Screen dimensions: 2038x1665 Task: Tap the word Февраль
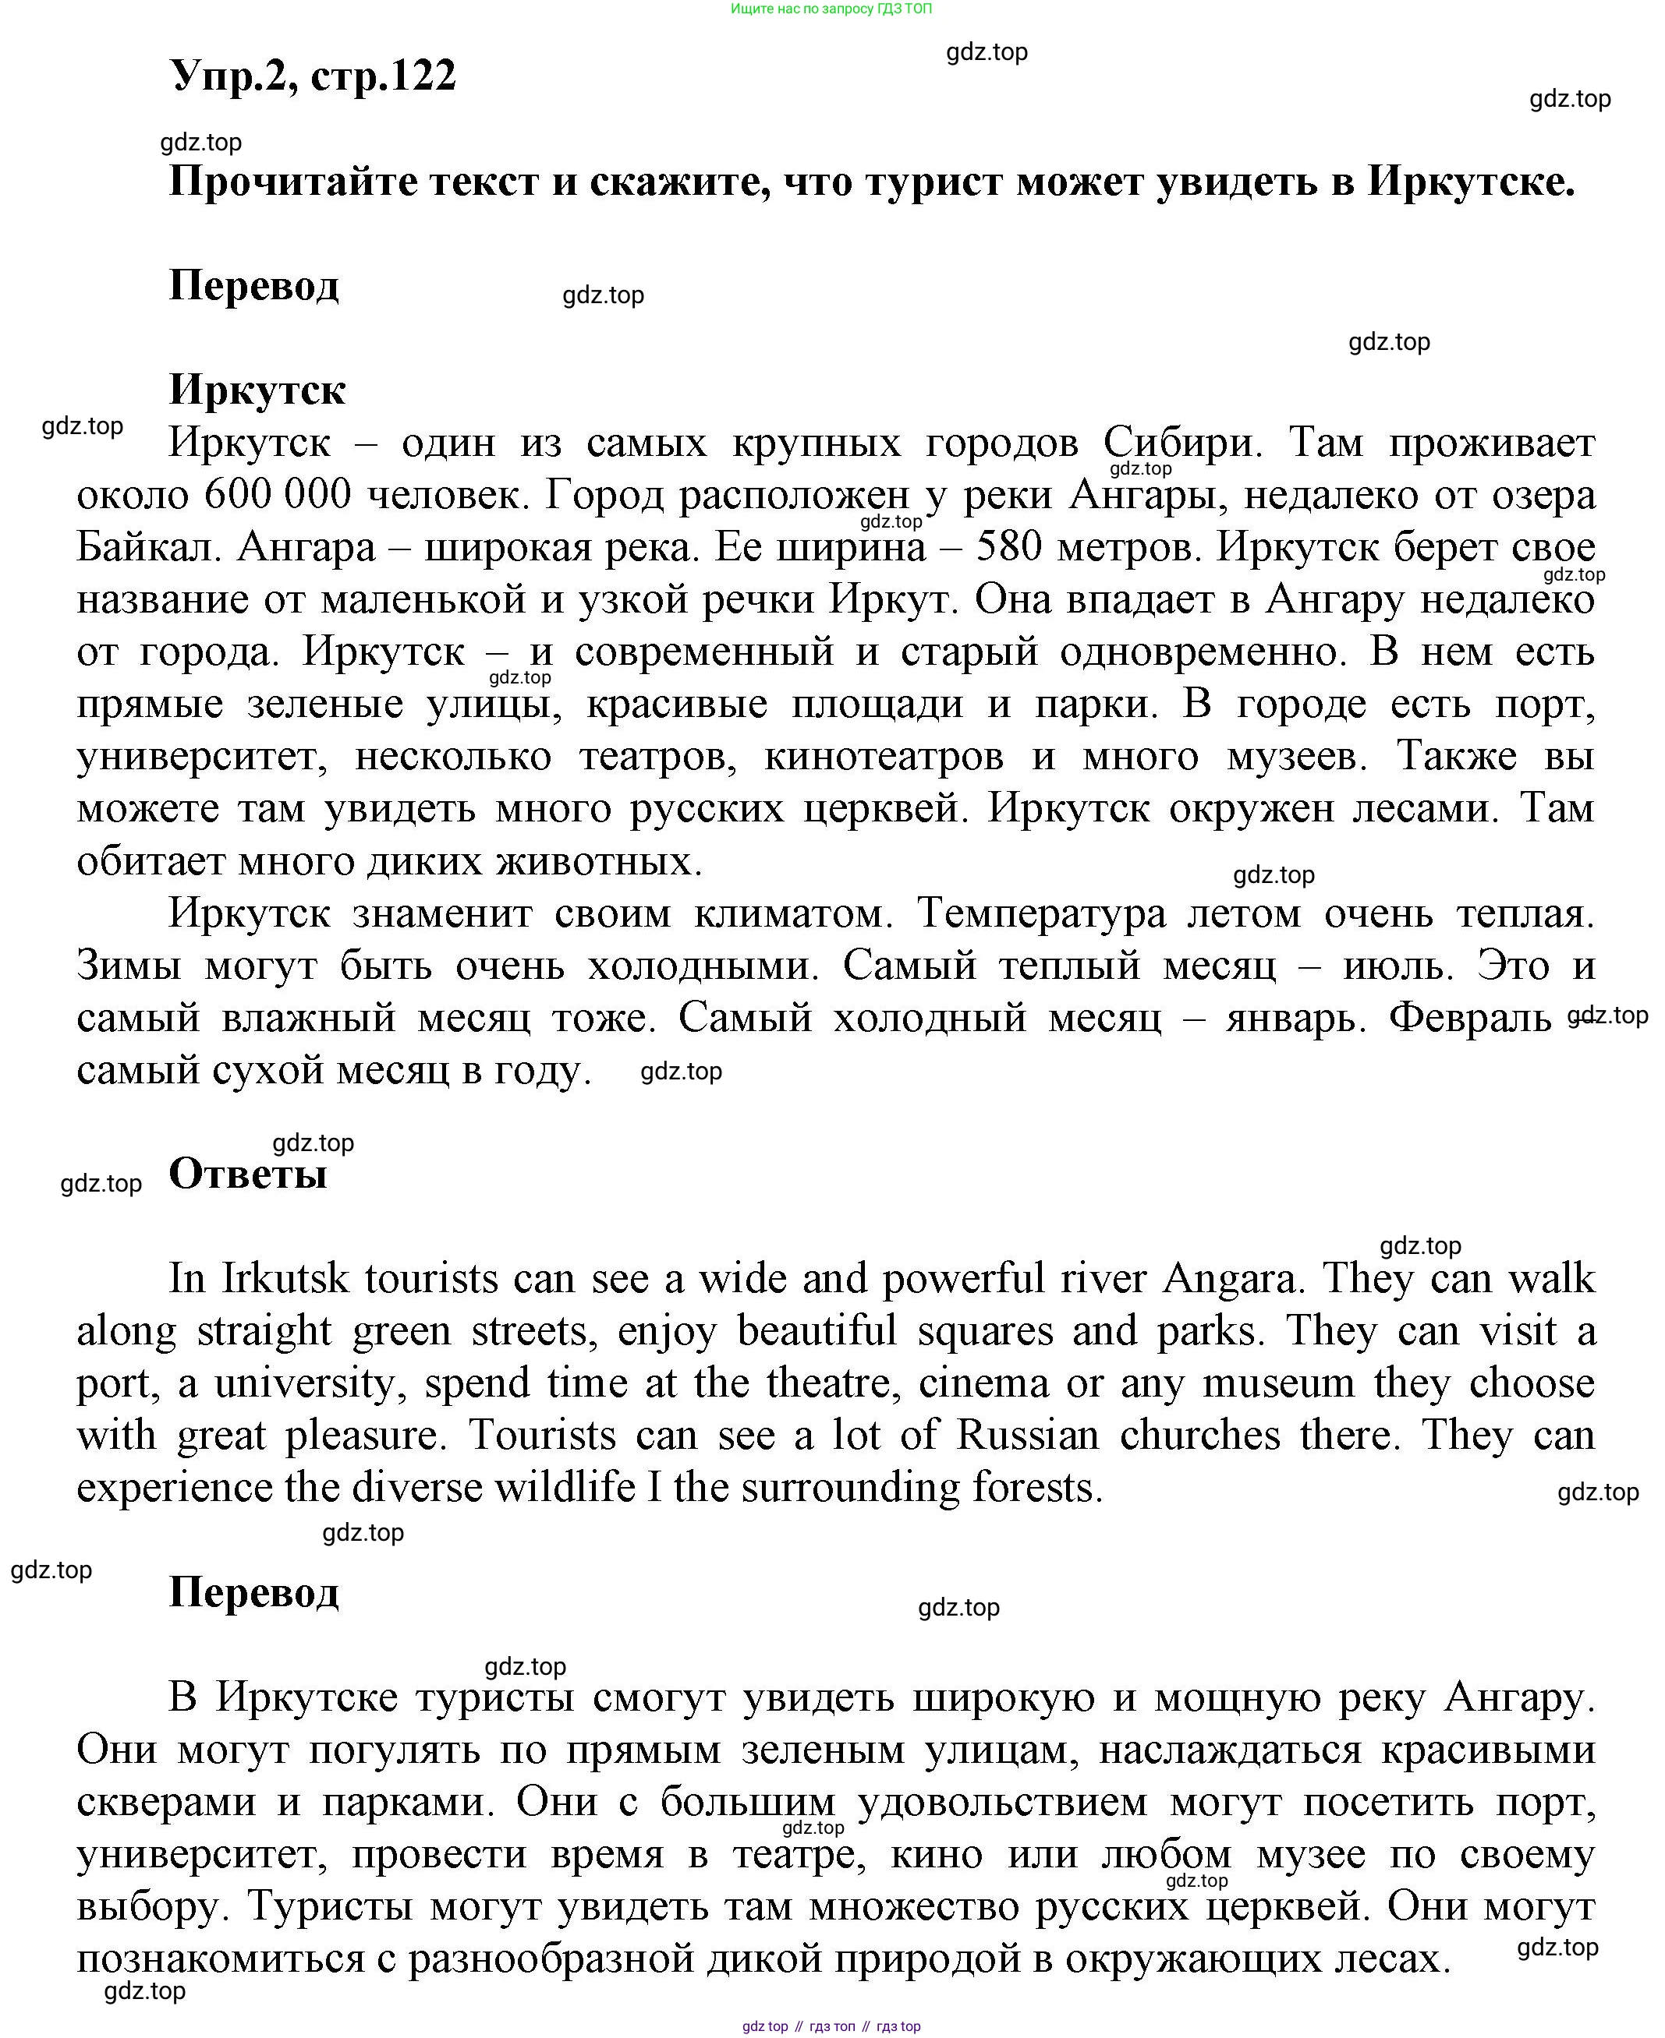1469,1018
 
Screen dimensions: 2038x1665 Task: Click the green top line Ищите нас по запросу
831,9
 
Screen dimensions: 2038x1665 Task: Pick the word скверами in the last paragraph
166,1802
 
